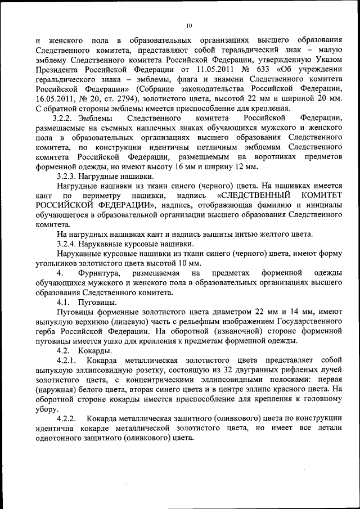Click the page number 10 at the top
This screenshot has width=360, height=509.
pyautogui.click(x=189, y=25)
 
